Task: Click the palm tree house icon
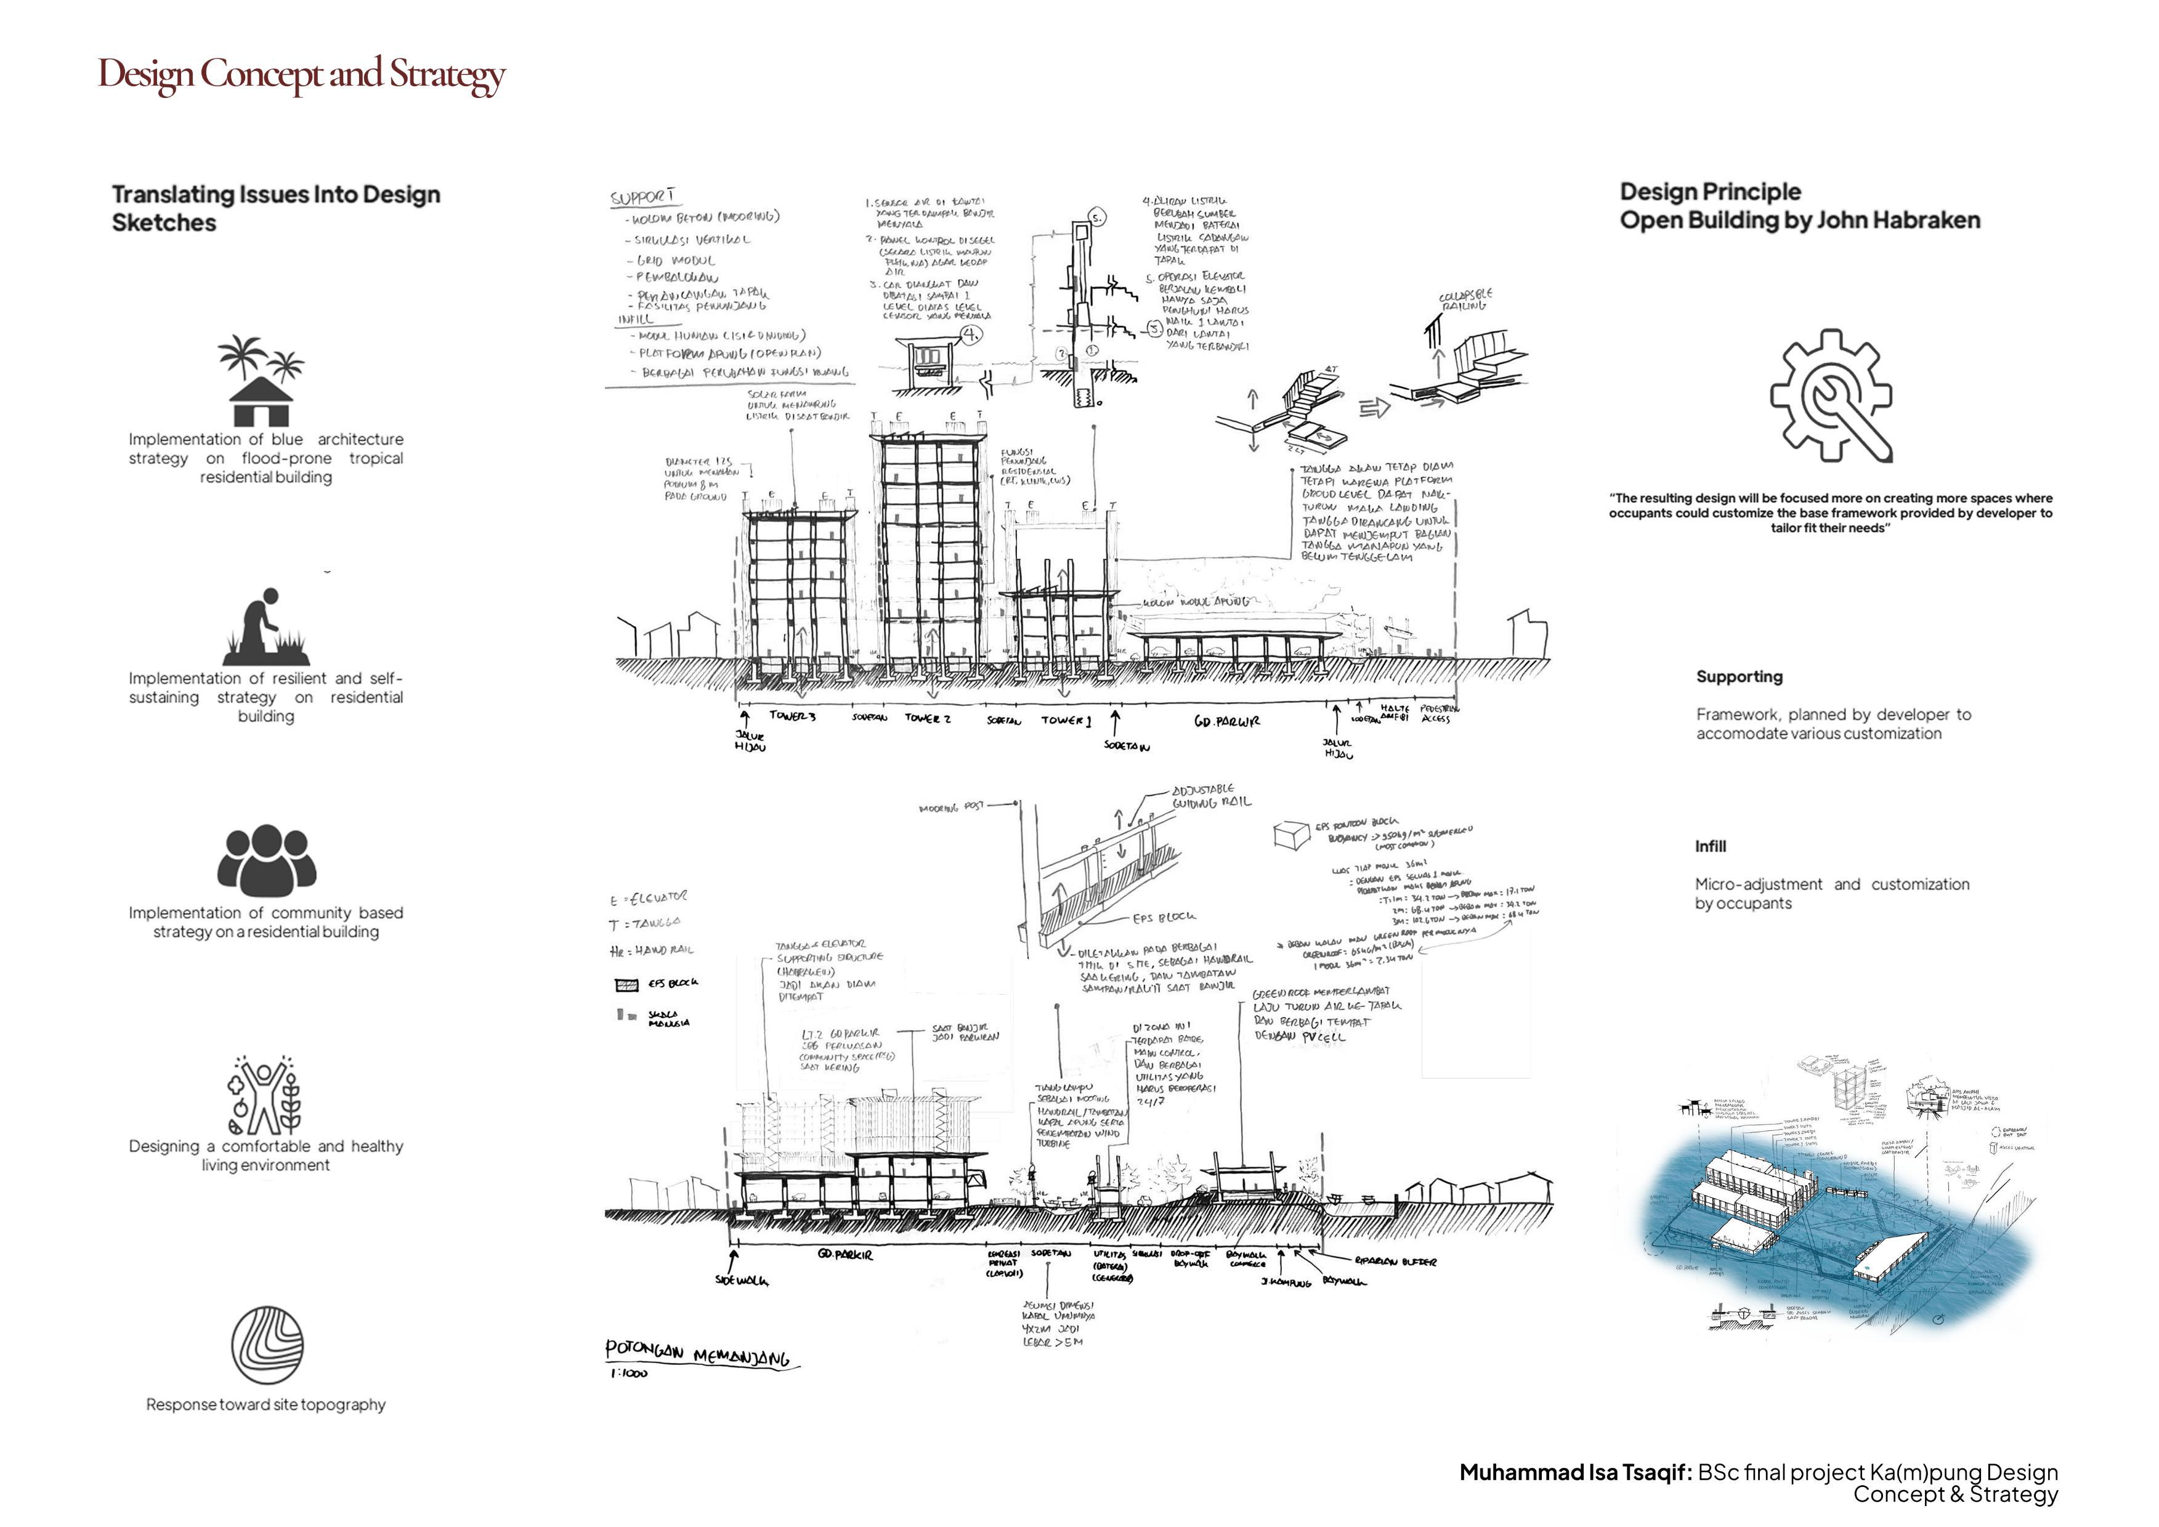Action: [x=261, y=381]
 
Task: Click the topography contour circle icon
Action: [x=267, y=1345]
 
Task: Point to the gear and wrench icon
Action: [x=1830, y=395]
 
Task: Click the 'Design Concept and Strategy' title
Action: [x=302, y=75]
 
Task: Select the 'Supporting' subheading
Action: [x=1739, y=676]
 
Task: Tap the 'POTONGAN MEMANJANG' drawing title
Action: [x=697, y=1353]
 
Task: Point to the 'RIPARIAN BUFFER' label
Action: [x=1395, y=1262]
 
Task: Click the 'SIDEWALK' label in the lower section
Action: [x=741, y=1280]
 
